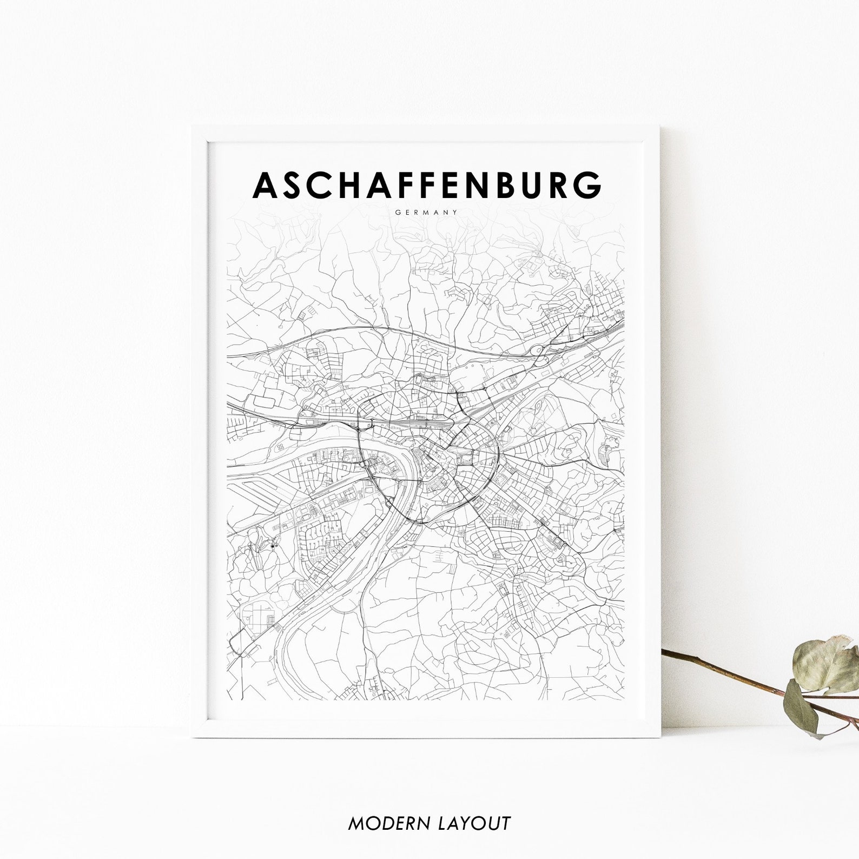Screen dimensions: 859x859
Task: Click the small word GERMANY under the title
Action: [x=427, y=212]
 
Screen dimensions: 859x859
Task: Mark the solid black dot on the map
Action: [x=272, y=547]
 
